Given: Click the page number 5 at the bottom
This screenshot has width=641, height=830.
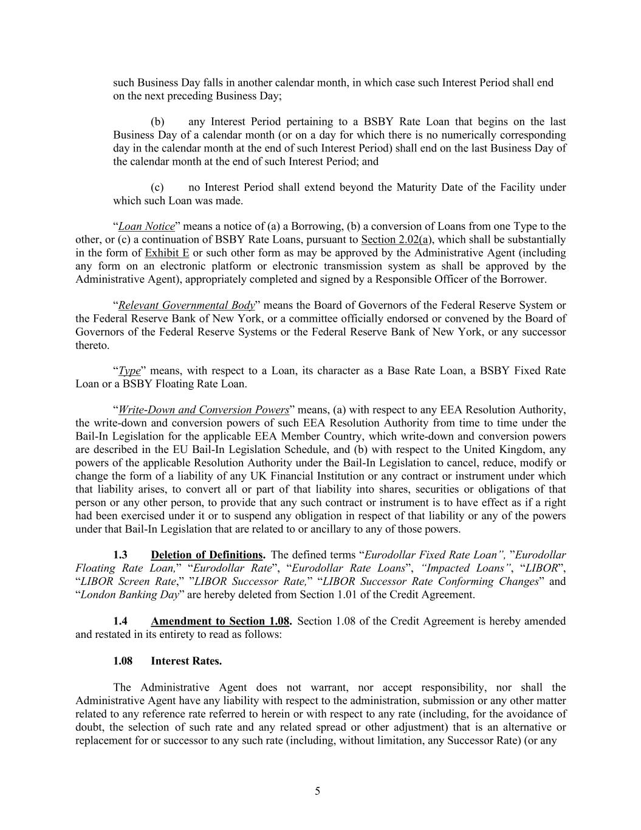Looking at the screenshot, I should pos(317,791).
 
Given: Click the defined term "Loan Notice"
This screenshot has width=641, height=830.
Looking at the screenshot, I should pos(146,227).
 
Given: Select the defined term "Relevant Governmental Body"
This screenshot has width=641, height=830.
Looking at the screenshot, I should pos(186,306).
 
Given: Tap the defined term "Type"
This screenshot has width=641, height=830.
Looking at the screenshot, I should pos(129,371).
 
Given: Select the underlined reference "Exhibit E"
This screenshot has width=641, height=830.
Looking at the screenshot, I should pos(166,253).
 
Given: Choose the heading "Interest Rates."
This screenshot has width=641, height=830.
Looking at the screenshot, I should pos(186,661).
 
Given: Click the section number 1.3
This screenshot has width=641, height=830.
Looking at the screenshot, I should pos(120,555).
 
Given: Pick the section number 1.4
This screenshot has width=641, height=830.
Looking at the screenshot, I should pos(120,621).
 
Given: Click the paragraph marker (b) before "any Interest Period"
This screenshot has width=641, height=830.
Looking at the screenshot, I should pos(157,122).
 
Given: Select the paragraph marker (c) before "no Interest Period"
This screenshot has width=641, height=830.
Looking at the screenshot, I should pos(157,187).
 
